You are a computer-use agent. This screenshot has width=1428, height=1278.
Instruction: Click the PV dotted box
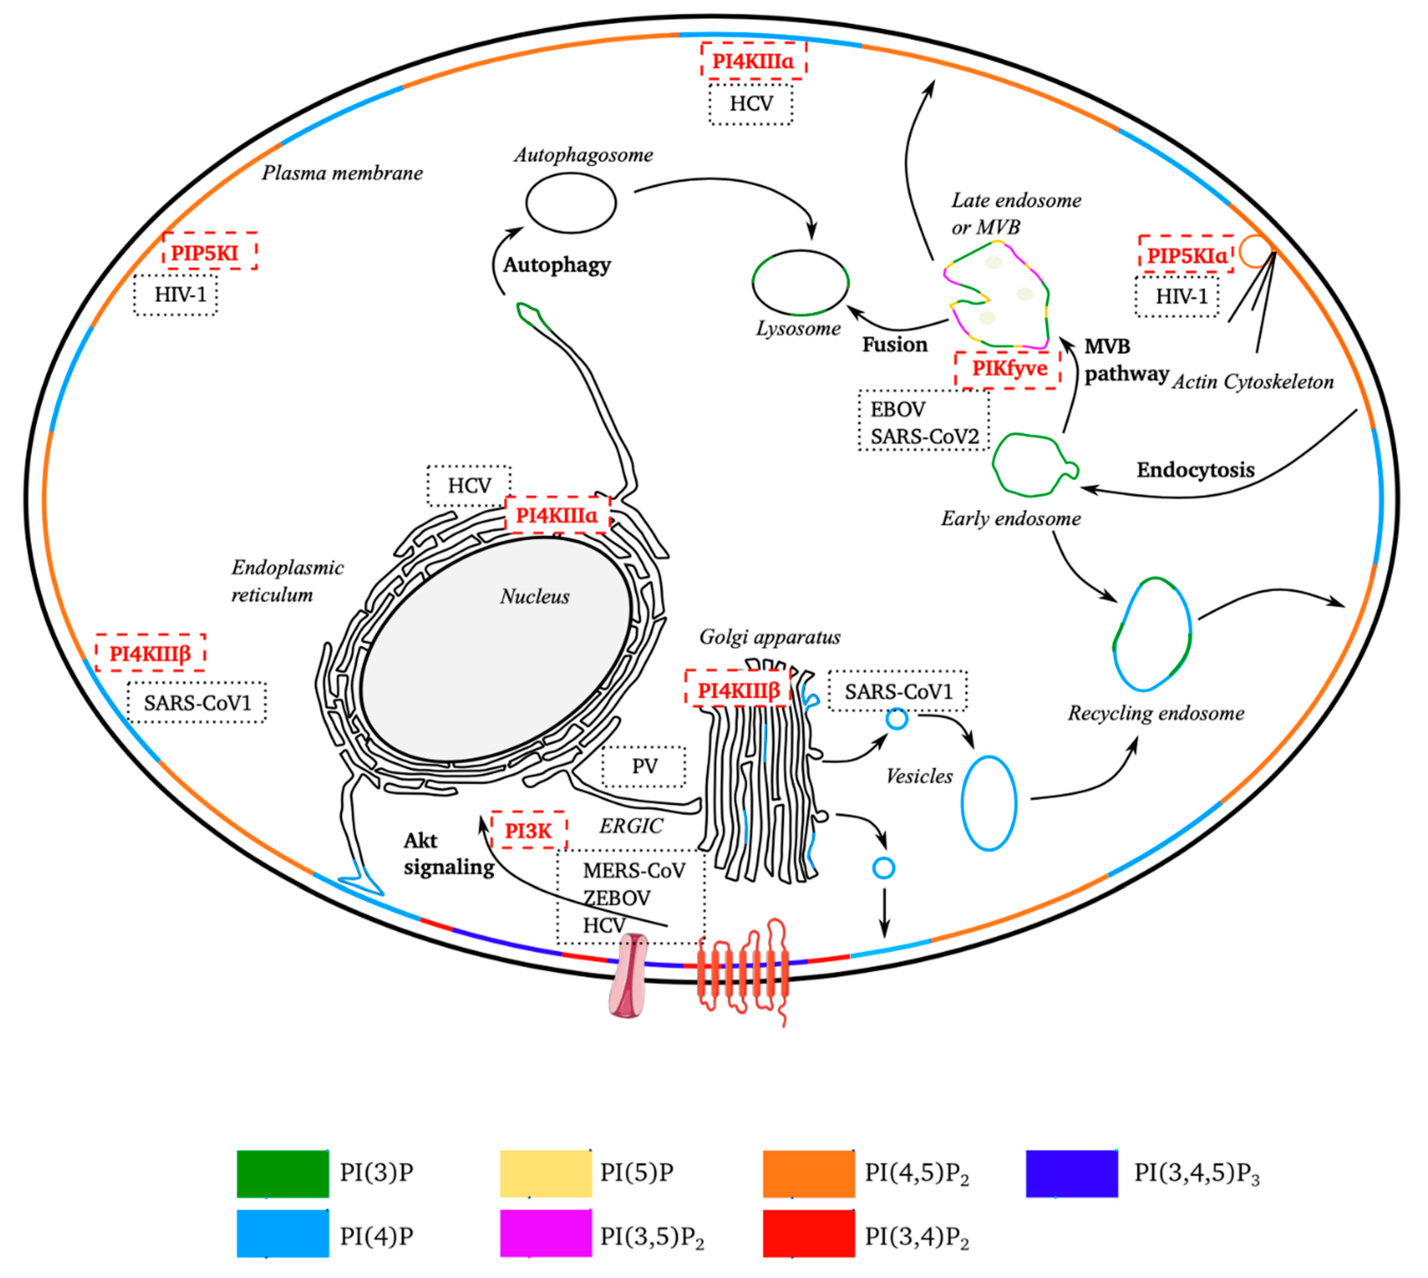click(x=644, y=766)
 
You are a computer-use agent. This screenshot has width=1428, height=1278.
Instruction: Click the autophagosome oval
click(x=571, y=203)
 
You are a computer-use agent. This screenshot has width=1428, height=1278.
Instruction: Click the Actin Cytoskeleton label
click(x=1252, y=382)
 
